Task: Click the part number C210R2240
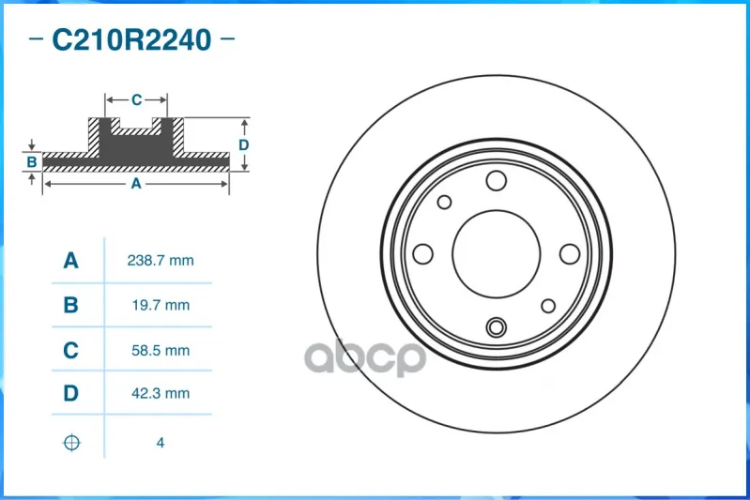coord(131,39)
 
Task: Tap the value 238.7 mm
coord(161,261)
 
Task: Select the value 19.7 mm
coord(161,305)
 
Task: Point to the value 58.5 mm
coord(161,351)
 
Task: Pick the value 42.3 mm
coord(161,393)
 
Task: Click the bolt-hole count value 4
coord(161,443)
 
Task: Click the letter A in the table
coord(70,261)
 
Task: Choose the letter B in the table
coord(70,305)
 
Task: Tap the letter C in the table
coord(70,351)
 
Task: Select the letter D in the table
coord(70,393)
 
